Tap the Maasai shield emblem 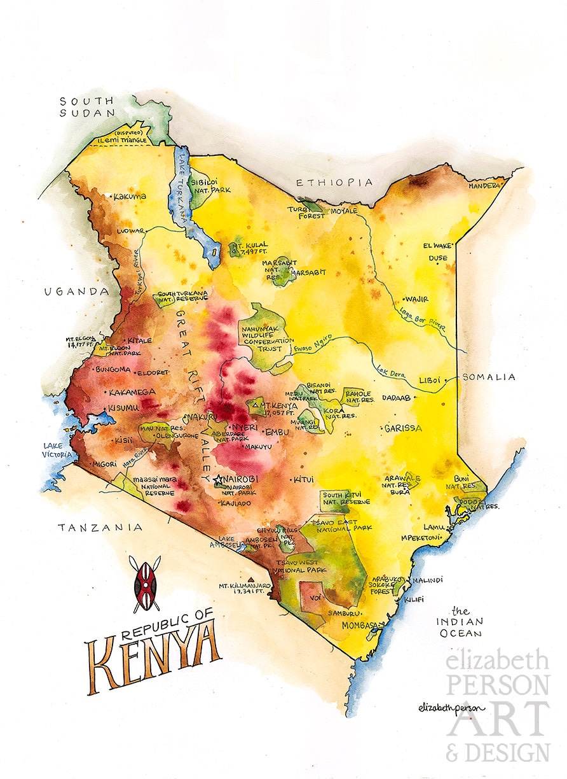click(145, 584)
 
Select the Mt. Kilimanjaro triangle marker click(240, 579)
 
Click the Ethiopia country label click(334, 183)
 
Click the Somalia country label click(488, 377)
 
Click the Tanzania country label click(99, 528)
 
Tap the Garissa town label click(404, 428)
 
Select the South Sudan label click(86, 107)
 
